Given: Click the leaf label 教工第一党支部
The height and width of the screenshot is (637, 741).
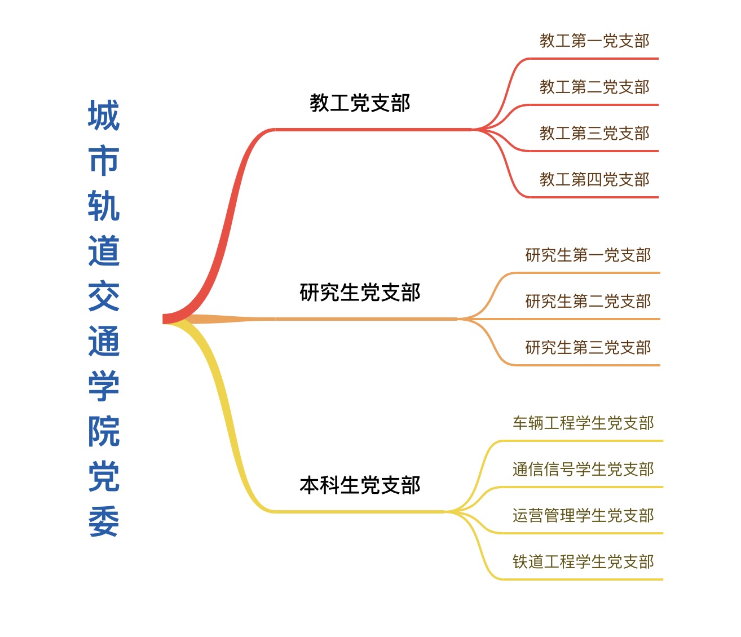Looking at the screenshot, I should (x=594, y=41).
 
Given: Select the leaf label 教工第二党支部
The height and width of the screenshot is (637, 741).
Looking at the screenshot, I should (x=594, y=87).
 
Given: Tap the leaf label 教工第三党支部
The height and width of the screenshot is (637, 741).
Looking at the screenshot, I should (x=594, y=133).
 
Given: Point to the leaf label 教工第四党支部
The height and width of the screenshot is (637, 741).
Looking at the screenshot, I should (x=594, y=179).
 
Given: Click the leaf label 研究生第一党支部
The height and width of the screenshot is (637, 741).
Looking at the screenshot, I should (x=588, y=255).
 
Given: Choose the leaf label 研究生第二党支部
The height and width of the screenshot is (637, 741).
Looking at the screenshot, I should (x=588, y=301).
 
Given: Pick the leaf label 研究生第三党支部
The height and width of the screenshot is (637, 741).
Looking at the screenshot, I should (x=588, y=347).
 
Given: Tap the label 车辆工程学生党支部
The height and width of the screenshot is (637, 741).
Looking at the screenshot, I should (x=583, y=423).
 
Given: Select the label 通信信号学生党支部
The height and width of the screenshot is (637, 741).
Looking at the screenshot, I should (x=583, y=469).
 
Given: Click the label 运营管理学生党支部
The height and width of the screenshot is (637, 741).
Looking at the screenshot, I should (x=583, y=515).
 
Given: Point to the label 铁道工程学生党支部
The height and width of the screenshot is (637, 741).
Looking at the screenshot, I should (x=583, y=561).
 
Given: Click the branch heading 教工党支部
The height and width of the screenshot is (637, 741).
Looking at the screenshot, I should (x=360, y=103).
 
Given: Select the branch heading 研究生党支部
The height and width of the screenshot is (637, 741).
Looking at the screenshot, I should (x=360, y=292).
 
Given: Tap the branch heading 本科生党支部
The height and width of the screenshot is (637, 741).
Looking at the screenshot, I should (x=360, y=485).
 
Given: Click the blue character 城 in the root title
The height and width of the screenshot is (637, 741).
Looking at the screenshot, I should (x=104, y=116).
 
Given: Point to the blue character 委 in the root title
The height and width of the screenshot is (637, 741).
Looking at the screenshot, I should (x=104, y=521).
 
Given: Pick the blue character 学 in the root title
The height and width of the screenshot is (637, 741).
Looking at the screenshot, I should (x=104, y=386).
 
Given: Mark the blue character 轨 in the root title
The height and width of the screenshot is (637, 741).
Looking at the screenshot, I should (x=104, y=206).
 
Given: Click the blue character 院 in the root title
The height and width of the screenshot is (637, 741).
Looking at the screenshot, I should (x=104, y=431).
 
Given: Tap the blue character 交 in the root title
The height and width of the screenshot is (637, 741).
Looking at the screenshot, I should (x=104, y=296).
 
